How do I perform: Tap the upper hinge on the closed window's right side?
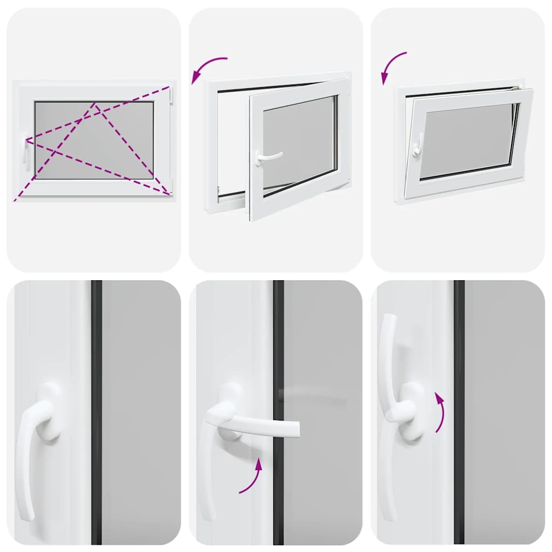click(171, 95)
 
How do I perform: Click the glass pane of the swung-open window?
click(299, 142)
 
